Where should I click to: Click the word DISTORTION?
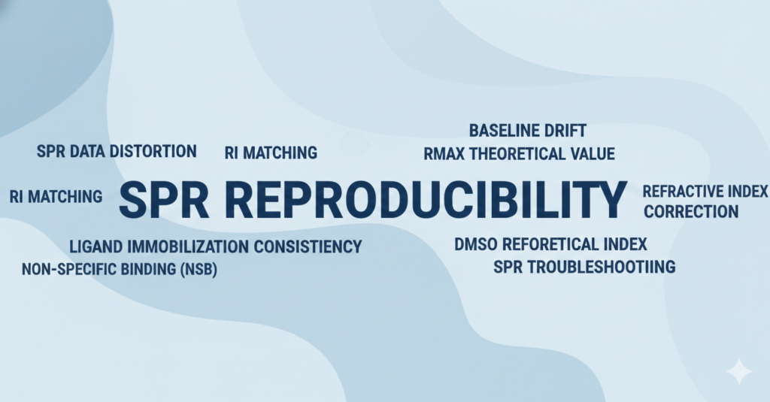[153, 151]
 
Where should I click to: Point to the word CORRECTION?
[691, 211]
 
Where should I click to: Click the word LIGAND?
[93, 246]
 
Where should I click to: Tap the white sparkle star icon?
[738, 371]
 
